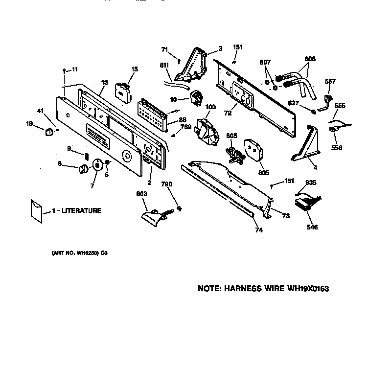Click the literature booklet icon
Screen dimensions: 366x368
click(x=36, y=211)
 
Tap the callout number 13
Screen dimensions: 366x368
click(x=103, y=84)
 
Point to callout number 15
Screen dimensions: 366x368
click(x=134, y=70)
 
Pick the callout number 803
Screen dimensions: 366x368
click(x=141, y=194)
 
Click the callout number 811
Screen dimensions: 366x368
click(x=165, y=65)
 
